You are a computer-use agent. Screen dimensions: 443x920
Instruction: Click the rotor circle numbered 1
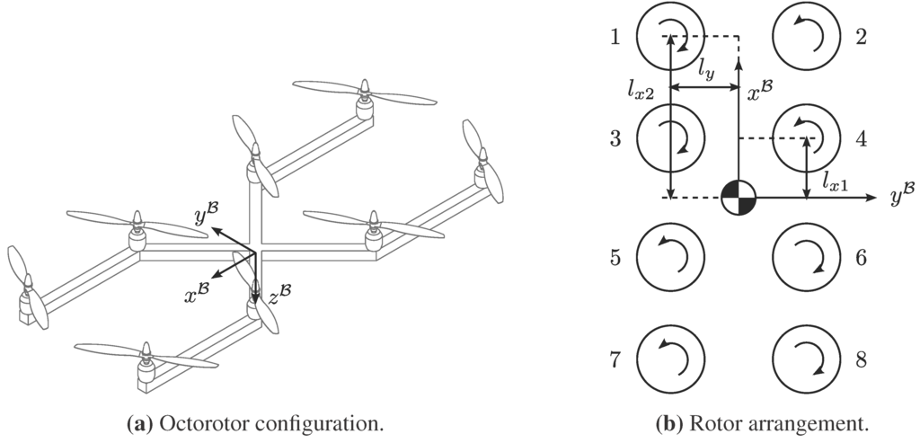pyautogui.click(x=670, y=37)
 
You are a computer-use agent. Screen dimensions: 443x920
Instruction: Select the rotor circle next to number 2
pyautogui.click(x=806, y=37)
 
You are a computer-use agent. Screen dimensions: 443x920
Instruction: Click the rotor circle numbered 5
pyautogui.click(x=670, y=257)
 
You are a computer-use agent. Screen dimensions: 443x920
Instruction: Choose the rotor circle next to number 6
pyautogui.click(x=806, y=257)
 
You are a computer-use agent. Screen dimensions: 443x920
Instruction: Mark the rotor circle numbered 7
pyautogui.click(x=670, y=359)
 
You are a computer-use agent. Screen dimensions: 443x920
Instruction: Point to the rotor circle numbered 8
pyautogui.click(x=806, y=359)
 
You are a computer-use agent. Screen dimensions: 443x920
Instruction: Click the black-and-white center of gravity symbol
pyautogui.click(x=739, y=198)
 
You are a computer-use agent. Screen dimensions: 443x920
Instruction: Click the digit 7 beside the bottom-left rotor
pyautogui.click(x=615, y=360)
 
